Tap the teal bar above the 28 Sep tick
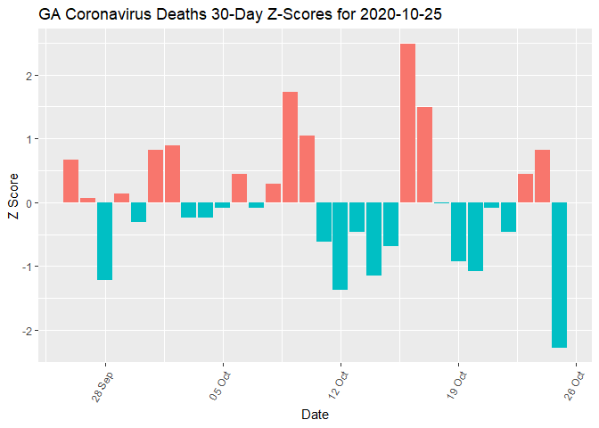click(x=104, y=241)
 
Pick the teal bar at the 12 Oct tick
click(x=340, y=246)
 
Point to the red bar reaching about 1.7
click(x=290, y=147)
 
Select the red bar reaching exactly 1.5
click(x=424, y=154)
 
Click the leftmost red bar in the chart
click(x=70, y=181)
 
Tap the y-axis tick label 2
click(x=29, y=76)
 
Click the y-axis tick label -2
click(x=28, y=331)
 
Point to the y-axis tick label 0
click(x=29, y=203)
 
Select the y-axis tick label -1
click(x=28, y=267)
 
